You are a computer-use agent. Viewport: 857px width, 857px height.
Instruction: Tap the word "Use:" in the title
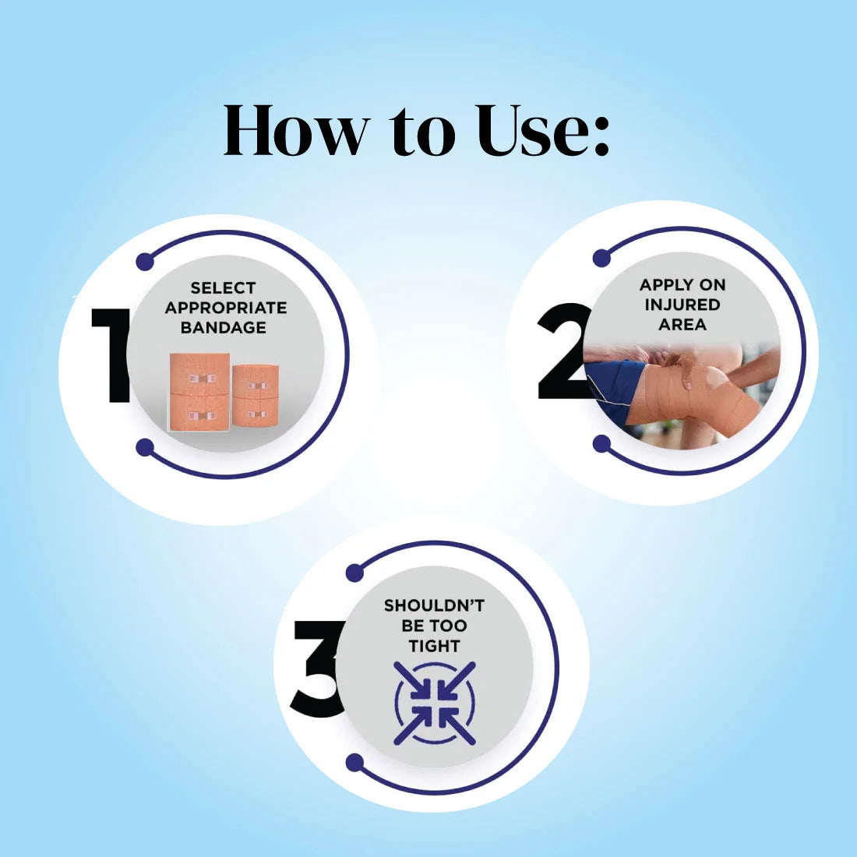[x=542, y=130]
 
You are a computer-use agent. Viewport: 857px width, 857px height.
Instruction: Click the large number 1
[x=111, y=355]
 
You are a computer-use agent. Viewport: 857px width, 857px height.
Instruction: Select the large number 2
[x=563, y=351]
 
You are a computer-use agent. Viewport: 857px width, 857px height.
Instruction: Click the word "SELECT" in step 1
[x=223, y=288]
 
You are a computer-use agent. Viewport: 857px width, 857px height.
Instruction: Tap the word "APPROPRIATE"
[x=226, y=308]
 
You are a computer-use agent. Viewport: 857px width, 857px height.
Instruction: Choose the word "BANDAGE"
[x=224, y=327]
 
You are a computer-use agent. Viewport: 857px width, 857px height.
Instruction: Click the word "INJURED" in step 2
[x=682, y=305]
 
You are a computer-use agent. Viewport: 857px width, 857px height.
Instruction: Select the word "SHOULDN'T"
[x=434, y=605]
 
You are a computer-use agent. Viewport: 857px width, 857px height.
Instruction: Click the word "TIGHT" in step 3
[x=434, y=646]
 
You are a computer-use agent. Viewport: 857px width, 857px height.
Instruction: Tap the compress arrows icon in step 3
[x=435, y=704]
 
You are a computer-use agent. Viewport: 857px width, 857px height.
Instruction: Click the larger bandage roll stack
[x=199, y=392]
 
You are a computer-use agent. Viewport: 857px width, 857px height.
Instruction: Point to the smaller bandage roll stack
[x=256, y=396]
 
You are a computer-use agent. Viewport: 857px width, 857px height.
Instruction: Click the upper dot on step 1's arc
[x=145, y=261]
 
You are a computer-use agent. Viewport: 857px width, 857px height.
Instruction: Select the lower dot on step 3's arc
[x=355, y=763]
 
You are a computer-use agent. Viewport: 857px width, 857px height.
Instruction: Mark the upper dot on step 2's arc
[x=601, y=258]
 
